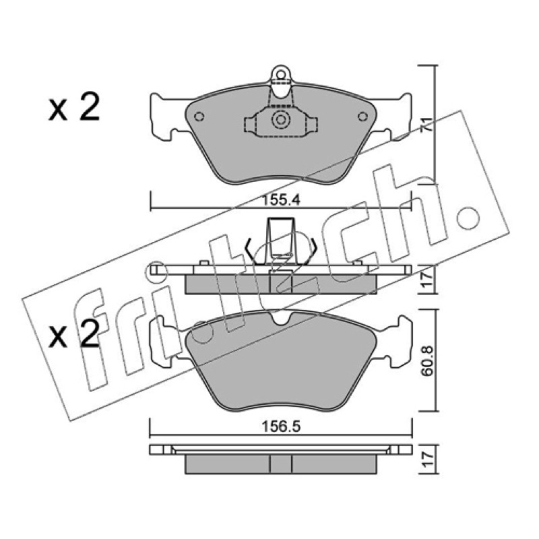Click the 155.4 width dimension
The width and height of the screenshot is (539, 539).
[281, 199]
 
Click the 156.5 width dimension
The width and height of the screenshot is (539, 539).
[281, 426]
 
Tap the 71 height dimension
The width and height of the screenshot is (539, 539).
[427, 125]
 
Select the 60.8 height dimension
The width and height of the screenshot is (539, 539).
[428, 361]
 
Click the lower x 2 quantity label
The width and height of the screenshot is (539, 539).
[74, 332]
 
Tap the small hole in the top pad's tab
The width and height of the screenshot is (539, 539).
[281, 75]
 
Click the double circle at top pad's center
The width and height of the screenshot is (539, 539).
[281, 120]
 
